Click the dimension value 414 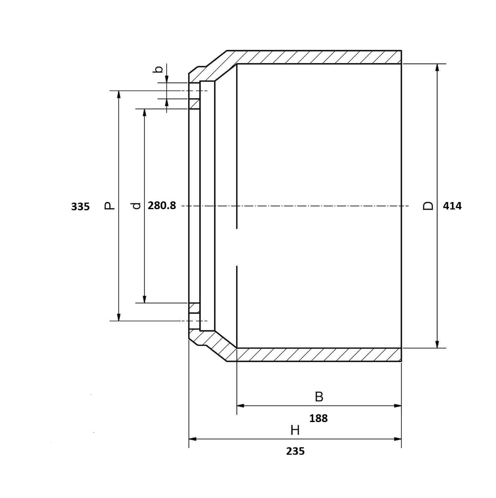tap(452, 206)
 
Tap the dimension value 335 tap(80, 207)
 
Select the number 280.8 tap(162, 206)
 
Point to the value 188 tap(318, 418)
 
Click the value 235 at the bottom tap(295, 451)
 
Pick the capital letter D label tap(428, 206)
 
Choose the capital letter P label tap(109, 205)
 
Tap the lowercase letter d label tap(136, 206)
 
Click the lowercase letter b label tap(159, 69)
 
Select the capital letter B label tap(319, 397)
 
